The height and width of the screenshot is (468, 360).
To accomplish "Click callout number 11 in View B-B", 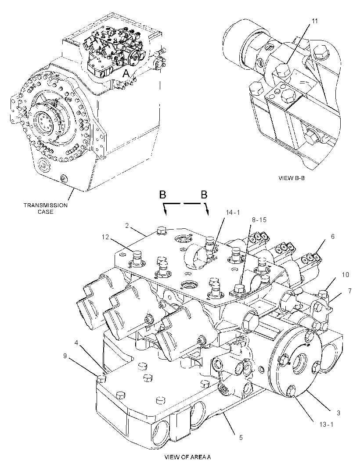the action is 315,21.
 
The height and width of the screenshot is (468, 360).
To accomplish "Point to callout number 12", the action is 105,237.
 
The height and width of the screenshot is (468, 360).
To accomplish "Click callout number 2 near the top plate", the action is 127,226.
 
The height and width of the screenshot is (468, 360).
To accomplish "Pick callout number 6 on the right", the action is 332,236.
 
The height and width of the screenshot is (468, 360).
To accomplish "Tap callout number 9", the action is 65,356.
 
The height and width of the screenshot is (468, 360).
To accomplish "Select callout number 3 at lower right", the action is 338,413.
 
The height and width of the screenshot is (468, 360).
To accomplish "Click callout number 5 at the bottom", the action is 241,438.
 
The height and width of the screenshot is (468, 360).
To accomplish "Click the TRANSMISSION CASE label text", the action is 46,209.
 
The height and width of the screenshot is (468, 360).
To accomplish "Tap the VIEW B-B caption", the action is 292,178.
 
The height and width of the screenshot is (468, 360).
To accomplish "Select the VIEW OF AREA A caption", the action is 188,457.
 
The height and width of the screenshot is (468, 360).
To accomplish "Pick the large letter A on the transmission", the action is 126,73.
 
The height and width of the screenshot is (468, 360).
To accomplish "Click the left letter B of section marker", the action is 163,195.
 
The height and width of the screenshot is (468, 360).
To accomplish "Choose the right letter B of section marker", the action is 204,195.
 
